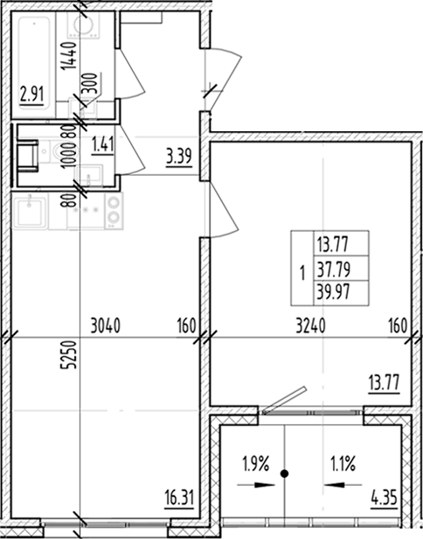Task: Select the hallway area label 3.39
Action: point(179,158)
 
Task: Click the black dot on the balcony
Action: point(284,474)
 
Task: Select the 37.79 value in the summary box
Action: point(329,269)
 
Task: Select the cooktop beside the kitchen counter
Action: point(114,211)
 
